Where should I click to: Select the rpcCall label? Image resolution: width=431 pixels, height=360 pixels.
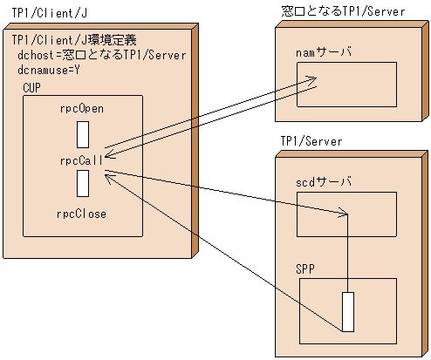(81, 160)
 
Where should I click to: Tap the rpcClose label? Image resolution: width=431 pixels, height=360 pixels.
(82, 212)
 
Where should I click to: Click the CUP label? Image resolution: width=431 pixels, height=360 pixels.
(31, 89)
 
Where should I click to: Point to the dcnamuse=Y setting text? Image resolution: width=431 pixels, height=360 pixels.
(49, 70)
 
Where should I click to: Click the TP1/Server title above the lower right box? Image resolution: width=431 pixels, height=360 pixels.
(311, 141)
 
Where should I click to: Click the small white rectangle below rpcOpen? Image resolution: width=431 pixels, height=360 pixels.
(82, 134)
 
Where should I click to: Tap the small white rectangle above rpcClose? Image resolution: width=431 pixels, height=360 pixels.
(82, 184)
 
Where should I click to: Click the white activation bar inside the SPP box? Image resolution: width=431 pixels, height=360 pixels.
(347, 312)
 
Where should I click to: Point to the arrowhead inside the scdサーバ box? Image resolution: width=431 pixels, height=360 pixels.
(345, 214)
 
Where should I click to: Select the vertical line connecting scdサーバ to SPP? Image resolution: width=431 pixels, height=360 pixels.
(348, 253)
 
